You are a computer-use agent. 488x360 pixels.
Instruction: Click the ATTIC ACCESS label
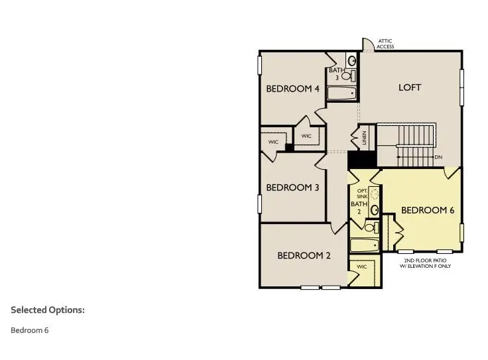coord(386,44)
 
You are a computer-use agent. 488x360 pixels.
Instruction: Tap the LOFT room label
coord(409,88)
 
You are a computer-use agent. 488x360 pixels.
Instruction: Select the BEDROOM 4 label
coord(292,89)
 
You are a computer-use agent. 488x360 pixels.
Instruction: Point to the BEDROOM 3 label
coord(292,188)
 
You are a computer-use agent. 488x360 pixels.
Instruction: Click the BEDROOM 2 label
coord(304,255)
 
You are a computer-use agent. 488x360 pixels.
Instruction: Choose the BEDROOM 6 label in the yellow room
coord(428,210)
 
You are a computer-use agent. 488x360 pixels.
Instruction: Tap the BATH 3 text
coord(336,74)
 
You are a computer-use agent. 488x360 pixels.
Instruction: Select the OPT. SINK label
coord(362,194)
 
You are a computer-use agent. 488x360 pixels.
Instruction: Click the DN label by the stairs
coord(438,157)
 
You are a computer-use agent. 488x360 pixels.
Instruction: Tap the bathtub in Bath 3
coord(342,93)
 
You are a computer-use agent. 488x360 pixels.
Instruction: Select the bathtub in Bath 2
coord(364,245)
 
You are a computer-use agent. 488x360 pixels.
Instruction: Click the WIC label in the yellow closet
coord(361,267)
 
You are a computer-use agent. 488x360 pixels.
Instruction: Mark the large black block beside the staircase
coord(361,160)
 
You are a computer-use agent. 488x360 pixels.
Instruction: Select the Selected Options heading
coord(48,310)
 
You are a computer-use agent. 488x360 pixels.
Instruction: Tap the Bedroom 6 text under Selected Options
coord(30,330)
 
